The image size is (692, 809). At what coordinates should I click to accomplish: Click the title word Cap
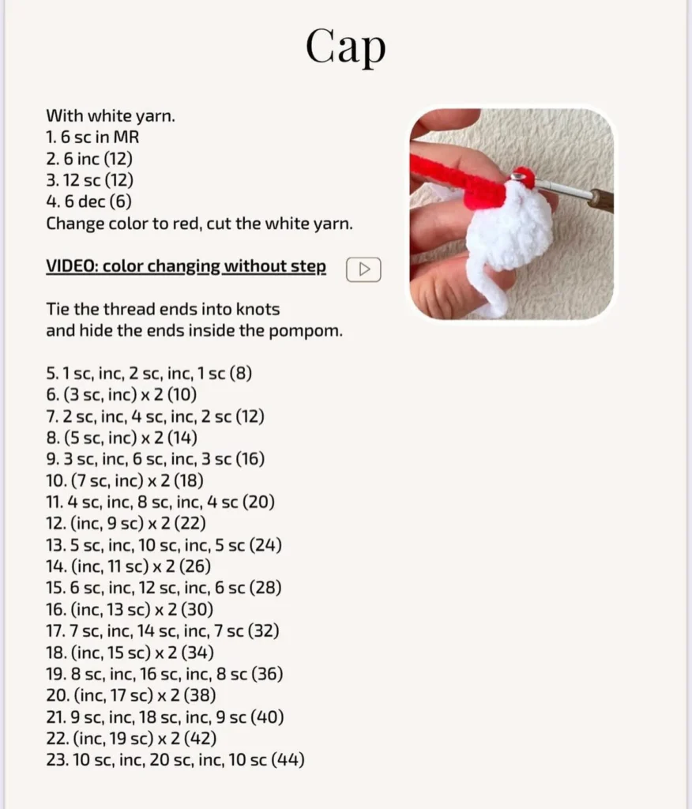point(346,47)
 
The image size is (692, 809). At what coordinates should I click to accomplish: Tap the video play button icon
point(363,269)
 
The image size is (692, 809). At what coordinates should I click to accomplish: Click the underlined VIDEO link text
point(186,267)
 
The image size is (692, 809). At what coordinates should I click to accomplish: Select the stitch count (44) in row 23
point(288,760)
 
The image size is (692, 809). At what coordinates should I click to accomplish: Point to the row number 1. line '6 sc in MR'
point(92,137)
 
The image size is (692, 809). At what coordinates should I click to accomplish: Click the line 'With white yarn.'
point(111,116)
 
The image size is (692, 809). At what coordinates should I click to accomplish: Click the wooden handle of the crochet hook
point(603,200)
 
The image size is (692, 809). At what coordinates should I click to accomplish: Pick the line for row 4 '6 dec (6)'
point(88,201)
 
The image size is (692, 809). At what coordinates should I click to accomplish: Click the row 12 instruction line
point(126,524)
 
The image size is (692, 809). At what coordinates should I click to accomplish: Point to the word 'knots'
point(258,309)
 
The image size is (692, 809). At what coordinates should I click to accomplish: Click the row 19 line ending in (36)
point(164,675)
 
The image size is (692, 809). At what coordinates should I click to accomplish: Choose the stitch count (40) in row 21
point(267,717)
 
